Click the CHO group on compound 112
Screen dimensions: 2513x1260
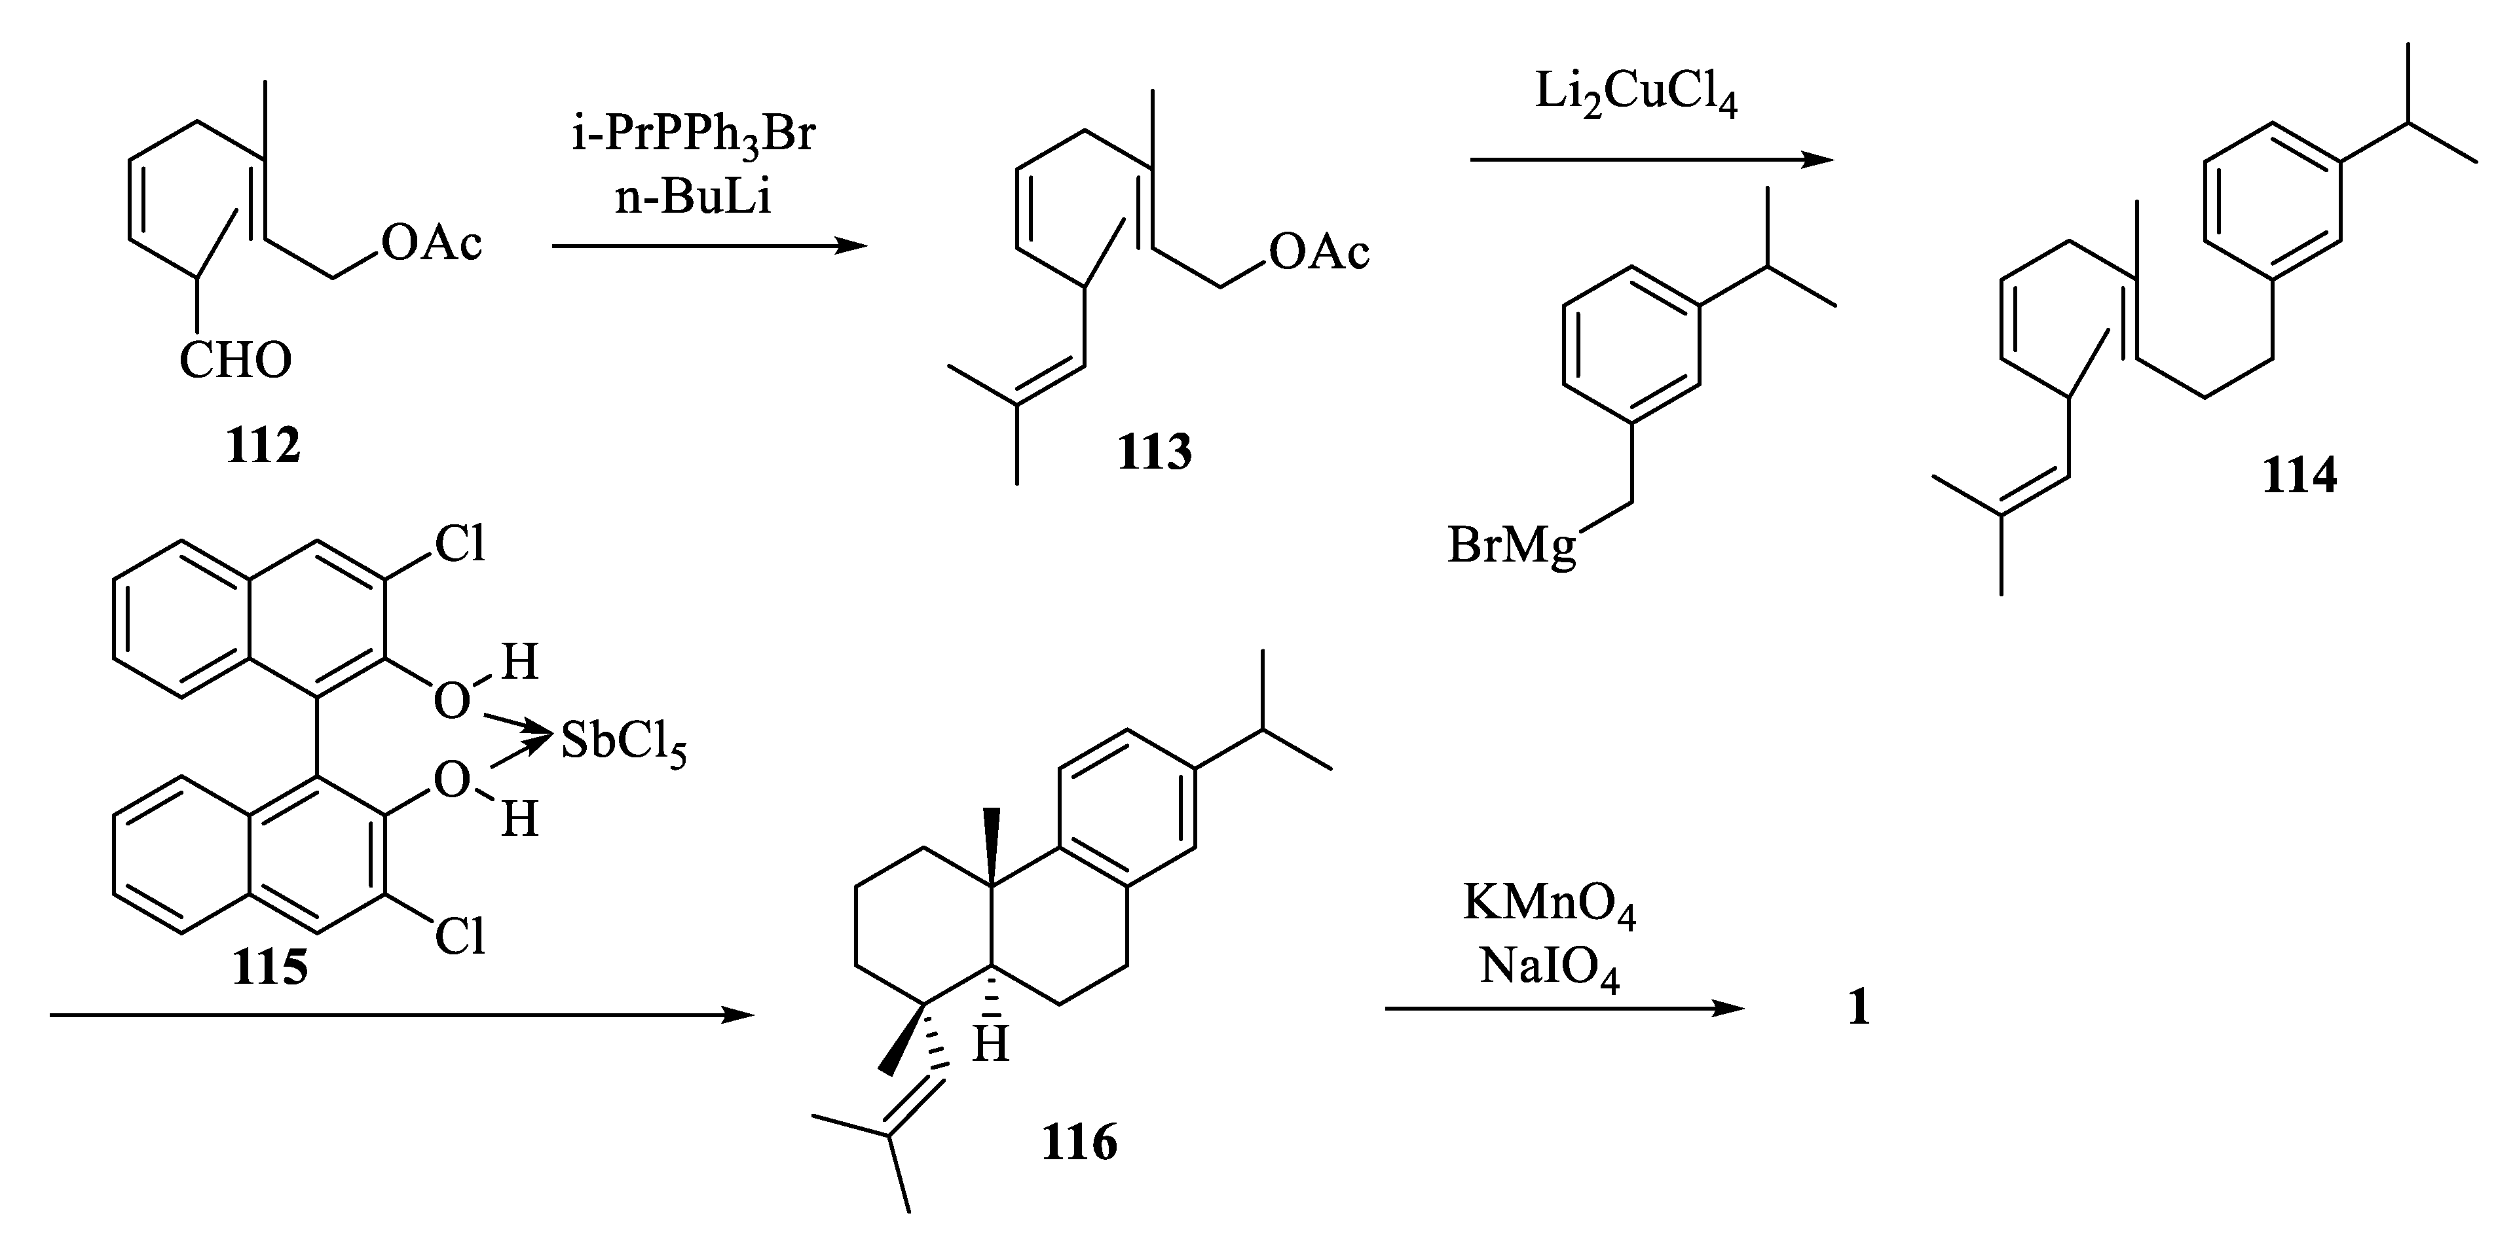[235, 361]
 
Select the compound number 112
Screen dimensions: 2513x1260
[263, 446]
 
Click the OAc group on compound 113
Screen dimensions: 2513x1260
[1319, 253]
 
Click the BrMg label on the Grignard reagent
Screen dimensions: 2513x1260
[1511, 546]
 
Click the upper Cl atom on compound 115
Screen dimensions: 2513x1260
[460, 544]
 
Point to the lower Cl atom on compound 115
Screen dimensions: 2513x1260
[460, 937]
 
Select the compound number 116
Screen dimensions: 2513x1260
[1079, 1142]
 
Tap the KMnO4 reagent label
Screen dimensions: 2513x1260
[1549, 904]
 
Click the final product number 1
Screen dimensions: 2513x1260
[1859, 1007]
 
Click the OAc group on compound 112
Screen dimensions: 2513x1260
[431, 243]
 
